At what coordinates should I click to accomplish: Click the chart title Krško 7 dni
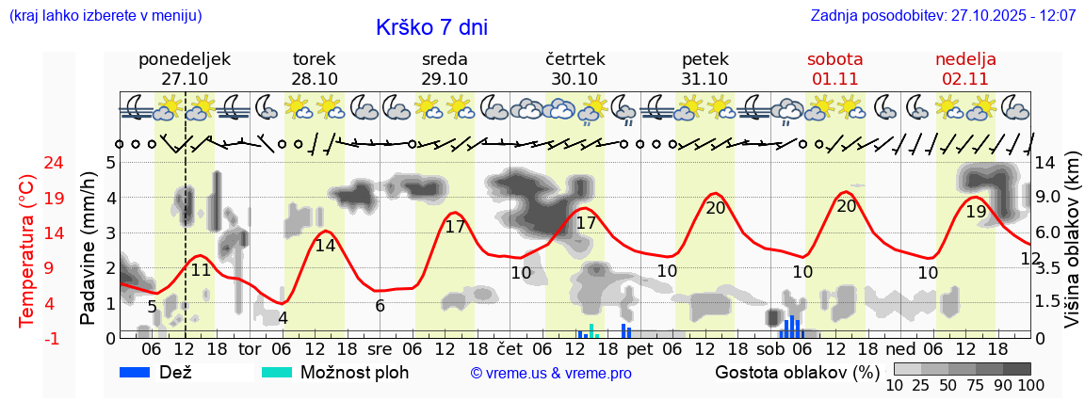coord(431,27)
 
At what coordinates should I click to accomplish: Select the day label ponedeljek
coord(185,59)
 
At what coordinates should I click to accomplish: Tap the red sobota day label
coord(834,59)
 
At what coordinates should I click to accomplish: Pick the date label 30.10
coord(575,79)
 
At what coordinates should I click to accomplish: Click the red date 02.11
coord(965,79)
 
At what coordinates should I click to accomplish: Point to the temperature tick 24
coord(28,163)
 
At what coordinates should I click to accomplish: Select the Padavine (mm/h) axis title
coord(89,249)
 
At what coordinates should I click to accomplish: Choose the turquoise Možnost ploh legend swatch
coord(277,372)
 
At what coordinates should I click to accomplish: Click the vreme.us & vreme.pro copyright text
coord(551,373)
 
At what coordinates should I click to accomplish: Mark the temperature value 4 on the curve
coord(283,318)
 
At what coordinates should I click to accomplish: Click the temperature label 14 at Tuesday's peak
coord(325,246)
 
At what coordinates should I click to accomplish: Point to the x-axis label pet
coord(640,349)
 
